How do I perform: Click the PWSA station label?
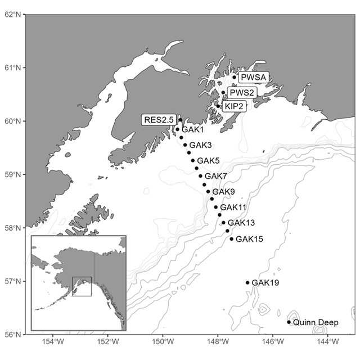click(254, 78)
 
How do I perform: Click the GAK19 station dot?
click(247, 283)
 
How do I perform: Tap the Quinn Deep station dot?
click(289, 322)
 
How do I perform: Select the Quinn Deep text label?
click(316, 323)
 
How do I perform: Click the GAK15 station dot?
click(231, 239)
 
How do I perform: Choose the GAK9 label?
click(223, 192)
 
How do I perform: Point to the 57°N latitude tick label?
click(12, 281)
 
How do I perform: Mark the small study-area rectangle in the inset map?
click(82, 286)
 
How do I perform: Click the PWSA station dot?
click(235, 78)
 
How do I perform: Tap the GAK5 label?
click(208, 161)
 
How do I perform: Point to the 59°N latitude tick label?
click(12, 174)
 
